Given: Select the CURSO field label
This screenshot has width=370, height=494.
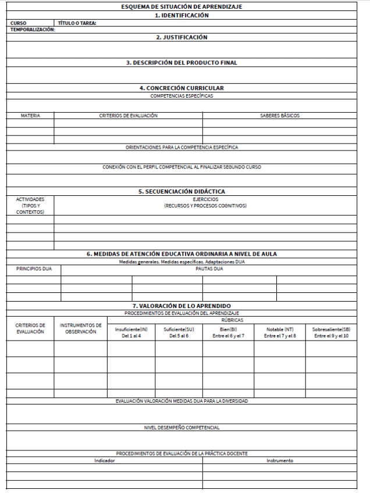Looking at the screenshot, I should point(19,24).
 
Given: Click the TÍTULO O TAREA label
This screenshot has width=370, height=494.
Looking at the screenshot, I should point(77,24).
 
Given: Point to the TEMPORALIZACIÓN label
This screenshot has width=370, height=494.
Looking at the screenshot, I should point(33,30).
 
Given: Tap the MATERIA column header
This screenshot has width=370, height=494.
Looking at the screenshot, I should point(30,116).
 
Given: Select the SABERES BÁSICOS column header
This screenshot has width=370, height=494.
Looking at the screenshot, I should point(280,116).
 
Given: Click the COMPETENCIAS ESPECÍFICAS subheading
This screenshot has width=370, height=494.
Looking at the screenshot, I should point(182,95).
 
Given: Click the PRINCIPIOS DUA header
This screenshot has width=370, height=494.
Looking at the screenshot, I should point(34,269).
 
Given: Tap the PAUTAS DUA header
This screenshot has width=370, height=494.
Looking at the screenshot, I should point(209,269).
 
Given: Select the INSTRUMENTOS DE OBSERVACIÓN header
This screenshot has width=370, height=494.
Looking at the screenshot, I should point(81,328).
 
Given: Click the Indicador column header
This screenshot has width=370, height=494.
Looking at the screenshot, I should point(105,461).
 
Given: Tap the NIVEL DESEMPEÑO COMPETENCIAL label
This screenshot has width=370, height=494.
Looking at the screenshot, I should point(182,428).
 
